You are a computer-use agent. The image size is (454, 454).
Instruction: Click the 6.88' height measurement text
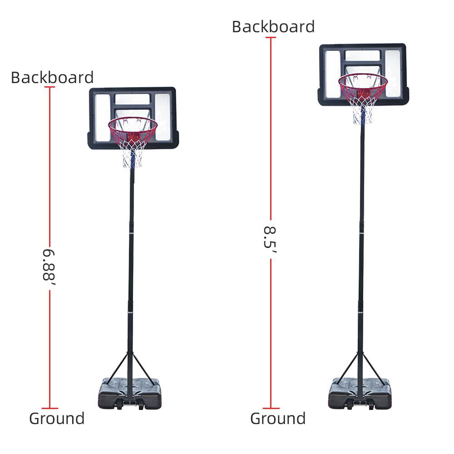[x=49, y=266]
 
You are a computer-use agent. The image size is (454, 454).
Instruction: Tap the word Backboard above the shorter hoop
[x=52, y=78]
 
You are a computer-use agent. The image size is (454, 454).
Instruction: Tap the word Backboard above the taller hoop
[x=273, y=27]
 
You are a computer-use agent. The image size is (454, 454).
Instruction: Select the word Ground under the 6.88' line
[x=57, y=419]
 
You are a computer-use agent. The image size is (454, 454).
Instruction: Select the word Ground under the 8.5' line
[x=278, y=419]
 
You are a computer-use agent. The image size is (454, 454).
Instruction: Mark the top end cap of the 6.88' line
[x=49, y=87]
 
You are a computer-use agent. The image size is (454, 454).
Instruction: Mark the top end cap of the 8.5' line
[x=271, y=37]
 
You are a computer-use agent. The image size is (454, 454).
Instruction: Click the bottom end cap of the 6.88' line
[x=49, y=408]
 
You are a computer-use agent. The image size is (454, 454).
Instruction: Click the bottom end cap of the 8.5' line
[x=271, y=408]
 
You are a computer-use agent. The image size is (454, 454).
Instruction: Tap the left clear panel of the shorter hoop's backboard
[x=102, y=117]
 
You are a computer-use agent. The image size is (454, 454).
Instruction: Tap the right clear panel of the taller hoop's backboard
[x=393, y=73]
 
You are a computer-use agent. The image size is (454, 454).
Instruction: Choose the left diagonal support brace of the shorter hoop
[x=117, y=369]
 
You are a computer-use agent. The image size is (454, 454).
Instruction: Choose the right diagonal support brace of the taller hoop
[x=374, y=369]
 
